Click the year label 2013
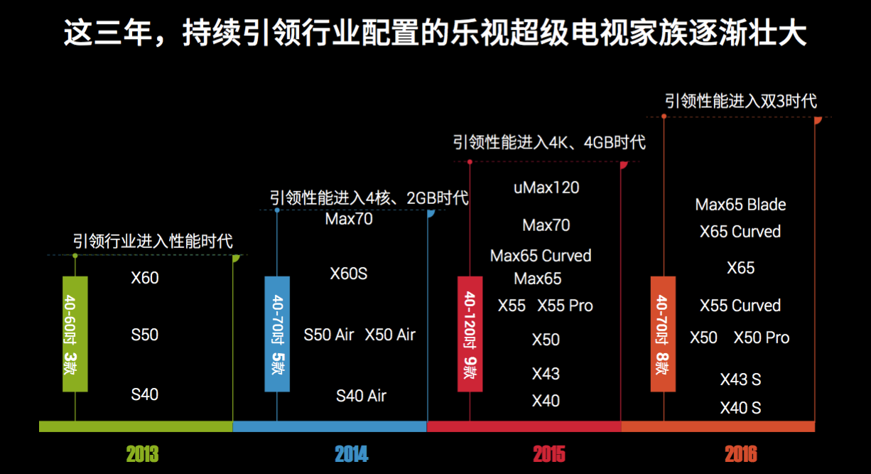pyautogui.click(x=142, y=453)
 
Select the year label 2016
pyautogui.click(x=741, y=453)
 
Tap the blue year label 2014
pyautogui.click(x=352, y=453)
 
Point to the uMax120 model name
pyautogui.click(x=546, y=188)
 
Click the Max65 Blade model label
pyautogui.click(x=740, y=205)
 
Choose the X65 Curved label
pyautogui.click(x=740, y=232)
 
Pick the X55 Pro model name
pyautogui.click(x=565, y=306)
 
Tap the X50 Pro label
pyautogui.click(x=762, y=338)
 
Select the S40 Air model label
pyautogui.click(x=361, y=396)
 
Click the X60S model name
pyautogui.click(x=349, y=274)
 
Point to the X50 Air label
pyautogui.click(x=390, y=335)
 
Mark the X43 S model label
pyautogui.click(x=740, y=379)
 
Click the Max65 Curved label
pyautogui.click(x=541, y=256)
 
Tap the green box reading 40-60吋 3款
pyautogui.click(x=75, y=333)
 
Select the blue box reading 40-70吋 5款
pyautogui.click(x=277, y=333)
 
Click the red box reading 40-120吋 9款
pyautogui.click(x=470, y=333)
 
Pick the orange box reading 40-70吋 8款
pyautogui.click(x=663, y=333)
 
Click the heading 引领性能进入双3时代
pyautogui.click(x=740, y=101)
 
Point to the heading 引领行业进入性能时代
pyautogui.click(x=153, y=242)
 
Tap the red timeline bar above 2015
pyautogui.click(x=524, y=426)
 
